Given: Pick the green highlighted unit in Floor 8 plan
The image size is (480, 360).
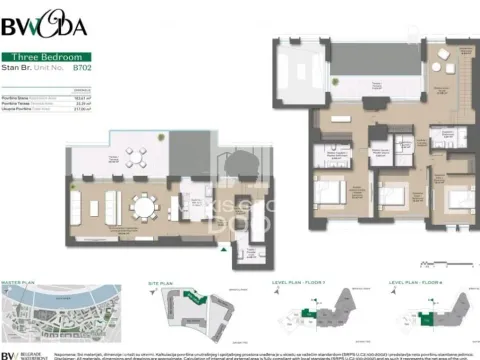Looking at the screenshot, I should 428,318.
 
